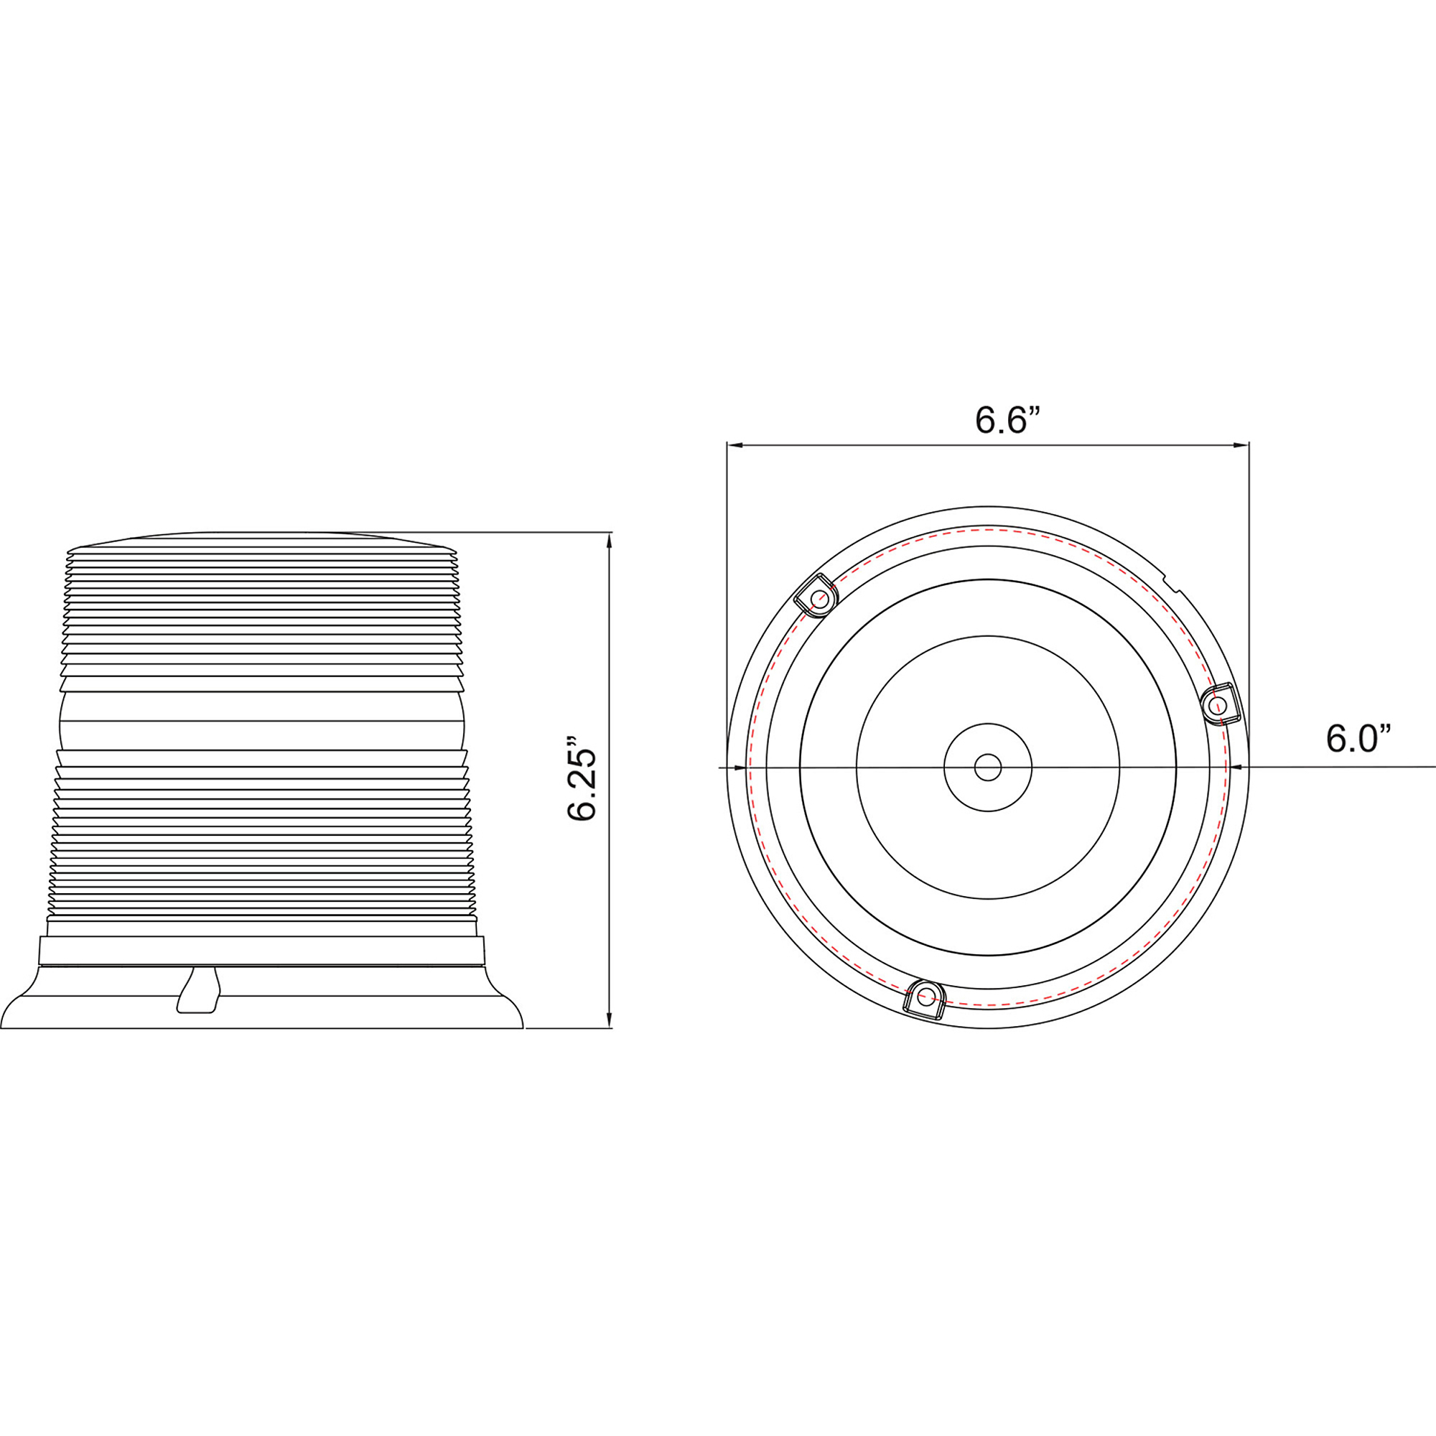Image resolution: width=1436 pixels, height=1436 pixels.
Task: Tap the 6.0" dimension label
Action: tap(1358, 739)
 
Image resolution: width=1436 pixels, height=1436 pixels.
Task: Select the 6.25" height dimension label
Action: tap(582, 780)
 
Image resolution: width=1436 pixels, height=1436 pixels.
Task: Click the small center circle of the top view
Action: tap(988, 768)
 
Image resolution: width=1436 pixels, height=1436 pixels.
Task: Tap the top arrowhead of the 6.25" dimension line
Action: tap(610, 540)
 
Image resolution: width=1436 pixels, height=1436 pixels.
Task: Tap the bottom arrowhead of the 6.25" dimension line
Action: tap(610, 1020)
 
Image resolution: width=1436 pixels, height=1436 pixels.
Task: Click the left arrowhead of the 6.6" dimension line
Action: tap(735, 445)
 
